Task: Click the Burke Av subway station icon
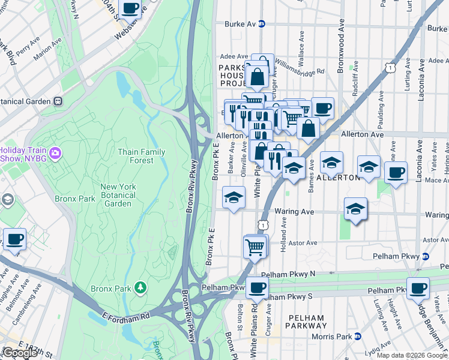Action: (262, 24)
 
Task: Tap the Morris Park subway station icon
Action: (358, 336)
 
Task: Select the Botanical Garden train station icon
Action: (58, 101)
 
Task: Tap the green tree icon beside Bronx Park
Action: (140, 289)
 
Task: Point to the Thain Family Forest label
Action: (141, 156)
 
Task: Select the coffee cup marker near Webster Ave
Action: (130, 8)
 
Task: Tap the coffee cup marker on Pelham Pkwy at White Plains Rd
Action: (257, 287)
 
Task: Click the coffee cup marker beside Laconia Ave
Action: (396, 173)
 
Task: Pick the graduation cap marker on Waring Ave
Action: (355, 209)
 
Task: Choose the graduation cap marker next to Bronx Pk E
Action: (233, 196)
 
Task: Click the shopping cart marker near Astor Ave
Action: (255, 245)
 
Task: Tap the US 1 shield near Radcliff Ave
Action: (391, 68)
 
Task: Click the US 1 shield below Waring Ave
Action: (263, 224)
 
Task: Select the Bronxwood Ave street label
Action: (340, 45)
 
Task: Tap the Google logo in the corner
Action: (20, 353)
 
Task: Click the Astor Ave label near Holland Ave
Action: (303, 243)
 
